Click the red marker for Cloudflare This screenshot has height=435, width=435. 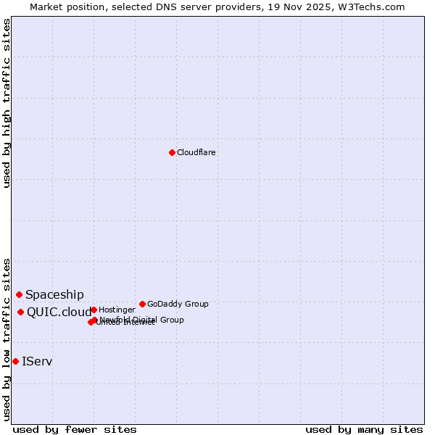tap(172, 152)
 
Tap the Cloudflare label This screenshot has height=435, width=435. tap(196, 152)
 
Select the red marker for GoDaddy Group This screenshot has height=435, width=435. tap(142, 304)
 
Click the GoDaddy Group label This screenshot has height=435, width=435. tap(178, 304)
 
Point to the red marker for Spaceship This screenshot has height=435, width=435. tap(19, 294)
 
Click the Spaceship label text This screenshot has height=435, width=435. tap(54, 294)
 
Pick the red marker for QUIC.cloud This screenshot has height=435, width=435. tap(20, 312)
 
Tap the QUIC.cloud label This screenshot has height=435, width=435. tap(59, 312)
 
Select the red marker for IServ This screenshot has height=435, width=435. tap(15, 361)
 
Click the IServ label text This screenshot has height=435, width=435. tap(37, 361)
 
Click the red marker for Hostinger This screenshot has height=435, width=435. tap(94, 310)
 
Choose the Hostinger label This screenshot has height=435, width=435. tap(117, 310)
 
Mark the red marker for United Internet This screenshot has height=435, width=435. tap(91, 322)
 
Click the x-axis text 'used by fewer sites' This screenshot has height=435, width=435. tap(75, 429)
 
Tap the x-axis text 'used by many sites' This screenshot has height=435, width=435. tap(364, 429)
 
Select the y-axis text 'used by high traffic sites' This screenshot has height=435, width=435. tap(7, 103)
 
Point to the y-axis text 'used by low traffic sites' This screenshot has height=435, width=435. tap(7, 339)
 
